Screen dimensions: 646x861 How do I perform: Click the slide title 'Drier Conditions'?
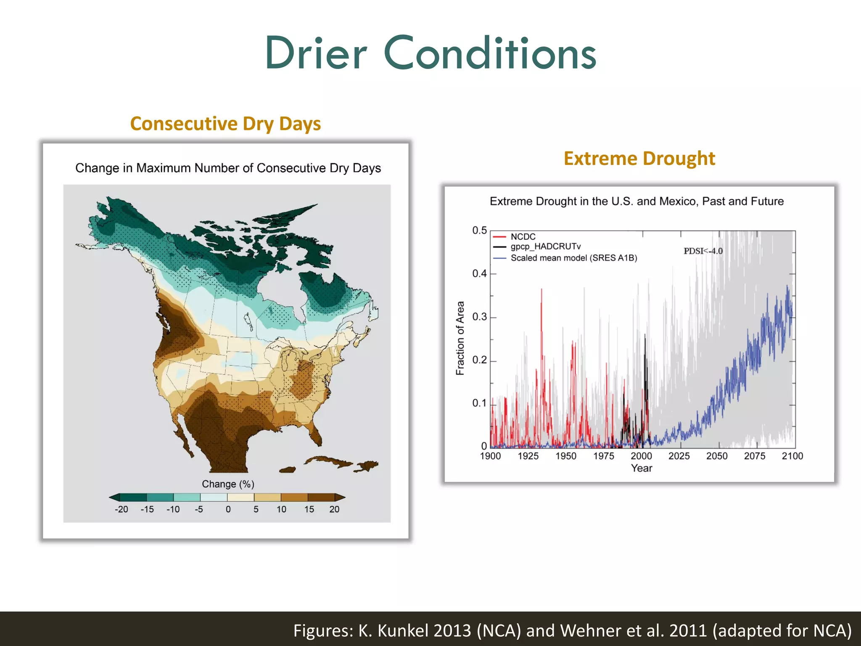[430, 53]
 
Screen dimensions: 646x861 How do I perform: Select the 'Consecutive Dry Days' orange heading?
[225, 124]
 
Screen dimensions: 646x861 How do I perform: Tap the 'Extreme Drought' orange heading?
[639, 159]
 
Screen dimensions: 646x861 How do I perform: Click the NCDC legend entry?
[523, 237]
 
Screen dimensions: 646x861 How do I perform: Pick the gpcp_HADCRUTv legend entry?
[545, 246]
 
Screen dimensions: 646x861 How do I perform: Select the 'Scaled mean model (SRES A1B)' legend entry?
[573, 258]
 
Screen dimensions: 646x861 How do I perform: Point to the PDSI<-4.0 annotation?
[703, 251]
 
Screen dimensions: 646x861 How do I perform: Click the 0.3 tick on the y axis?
[479, 317]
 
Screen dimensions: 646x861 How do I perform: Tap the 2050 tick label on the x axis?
[717, 456]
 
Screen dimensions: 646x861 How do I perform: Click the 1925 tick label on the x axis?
[528, 456]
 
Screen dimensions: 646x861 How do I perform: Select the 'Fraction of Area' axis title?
[460, 338]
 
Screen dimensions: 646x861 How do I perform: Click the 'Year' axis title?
[642, 468]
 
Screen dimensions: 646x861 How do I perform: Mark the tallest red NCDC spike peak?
[541, 290]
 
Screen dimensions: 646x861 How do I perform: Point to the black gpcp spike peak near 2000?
[645, 335]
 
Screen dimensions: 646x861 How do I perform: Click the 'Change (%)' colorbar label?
[228, 484]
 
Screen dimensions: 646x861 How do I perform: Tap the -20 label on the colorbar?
[121, 509]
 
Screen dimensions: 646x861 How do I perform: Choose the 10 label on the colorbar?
[281, 509]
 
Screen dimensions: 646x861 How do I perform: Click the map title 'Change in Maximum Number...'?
[228, 168]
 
